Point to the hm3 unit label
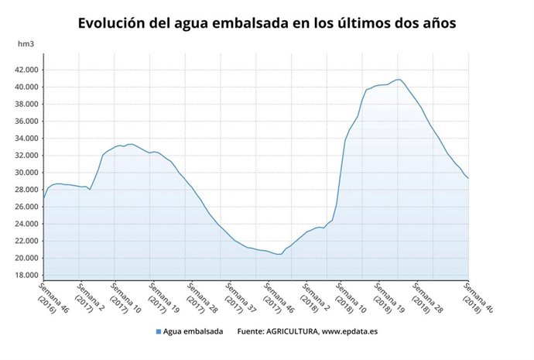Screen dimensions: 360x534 [26, 44]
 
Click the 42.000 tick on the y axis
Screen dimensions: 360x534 [26, 70]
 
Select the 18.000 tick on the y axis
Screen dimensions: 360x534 [26, 275]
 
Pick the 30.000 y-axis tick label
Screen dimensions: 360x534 [26, 173]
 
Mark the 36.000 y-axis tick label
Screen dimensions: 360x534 [26, 122]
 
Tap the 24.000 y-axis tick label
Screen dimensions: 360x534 [26, 224]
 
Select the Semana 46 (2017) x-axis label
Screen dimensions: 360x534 [276, 298]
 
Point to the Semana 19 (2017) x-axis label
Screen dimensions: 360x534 [163, 298]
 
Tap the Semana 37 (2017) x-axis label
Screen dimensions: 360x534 [238, 298]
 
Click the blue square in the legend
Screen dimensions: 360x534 [159, 332]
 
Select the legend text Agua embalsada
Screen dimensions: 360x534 [193, 332]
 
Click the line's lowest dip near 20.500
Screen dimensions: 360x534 [279, 254]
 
